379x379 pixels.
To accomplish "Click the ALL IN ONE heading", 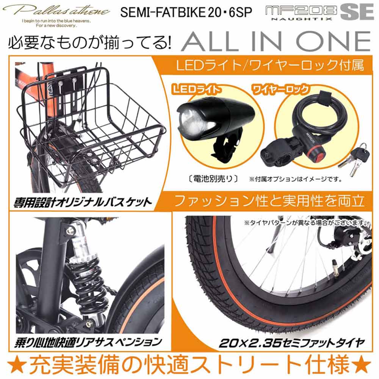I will coord(276,41).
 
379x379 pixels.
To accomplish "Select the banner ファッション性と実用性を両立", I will coord(269,200).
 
